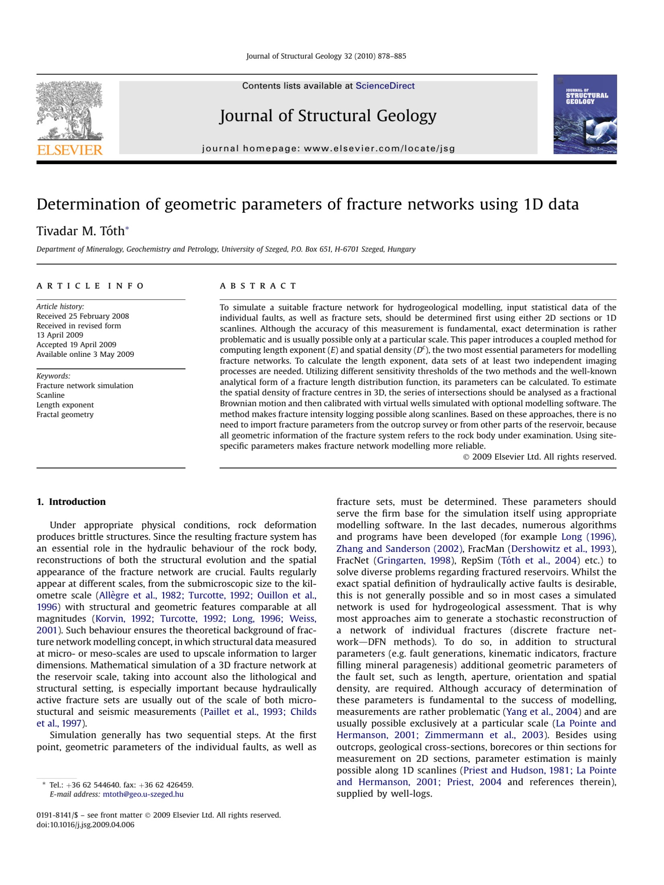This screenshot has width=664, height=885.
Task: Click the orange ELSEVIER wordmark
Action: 70,150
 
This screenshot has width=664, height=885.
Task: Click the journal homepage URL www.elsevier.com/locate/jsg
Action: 379,148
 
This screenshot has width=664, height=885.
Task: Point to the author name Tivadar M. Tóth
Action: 80,231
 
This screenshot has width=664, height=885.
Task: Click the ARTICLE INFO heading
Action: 90,286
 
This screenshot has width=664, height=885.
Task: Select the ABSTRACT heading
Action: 258,286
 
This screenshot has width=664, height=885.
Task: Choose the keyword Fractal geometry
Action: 65,414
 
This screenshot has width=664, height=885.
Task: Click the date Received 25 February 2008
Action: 82,316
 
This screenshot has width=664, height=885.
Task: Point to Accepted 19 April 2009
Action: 76,345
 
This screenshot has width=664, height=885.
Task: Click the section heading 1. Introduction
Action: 71,502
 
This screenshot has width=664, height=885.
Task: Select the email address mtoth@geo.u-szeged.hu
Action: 143,794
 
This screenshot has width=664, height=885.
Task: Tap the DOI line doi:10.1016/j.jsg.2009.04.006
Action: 85,825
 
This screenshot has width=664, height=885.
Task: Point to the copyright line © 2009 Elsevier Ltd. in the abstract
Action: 539,457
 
